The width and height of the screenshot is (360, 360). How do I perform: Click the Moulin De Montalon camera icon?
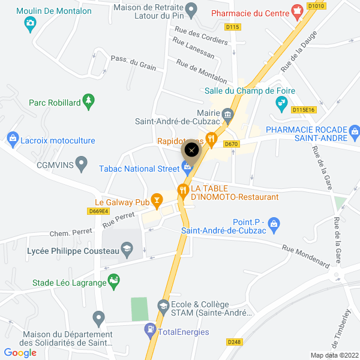point(30,24)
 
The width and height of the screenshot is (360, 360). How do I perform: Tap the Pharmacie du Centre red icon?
point(296,11)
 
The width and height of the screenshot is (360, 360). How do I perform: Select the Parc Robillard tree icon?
point(89,99)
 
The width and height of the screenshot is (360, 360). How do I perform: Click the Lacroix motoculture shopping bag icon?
point(12,140)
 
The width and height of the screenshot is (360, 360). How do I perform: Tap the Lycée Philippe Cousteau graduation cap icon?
point(127,248)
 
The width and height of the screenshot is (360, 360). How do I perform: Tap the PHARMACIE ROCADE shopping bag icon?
point(354,130)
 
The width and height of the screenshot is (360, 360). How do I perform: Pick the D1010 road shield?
point(316,5)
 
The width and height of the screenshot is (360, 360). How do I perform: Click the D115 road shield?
point(232,27)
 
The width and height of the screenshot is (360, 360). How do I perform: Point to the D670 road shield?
point(231,144)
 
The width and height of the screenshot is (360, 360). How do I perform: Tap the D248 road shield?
point(234,342)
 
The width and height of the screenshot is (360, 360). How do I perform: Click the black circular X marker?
point(191,149)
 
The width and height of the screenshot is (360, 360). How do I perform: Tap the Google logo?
point(20,353)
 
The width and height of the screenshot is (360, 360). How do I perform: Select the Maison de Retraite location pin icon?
point(191,10)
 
